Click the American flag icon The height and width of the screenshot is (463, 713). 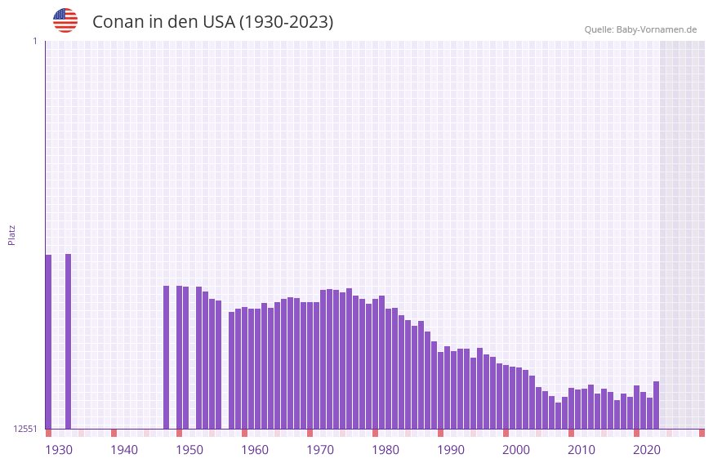pyautogui.click(x=65, y=20)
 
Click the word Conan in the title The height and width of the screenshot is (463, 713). pyautogui.click(x=118, y=22)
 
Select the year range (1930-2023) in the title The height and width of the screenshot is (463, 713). pyautogui.click(x=286, y=22)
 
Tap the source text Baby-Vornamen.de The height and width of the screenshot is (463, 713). pyautogui.click(x=656, y=29)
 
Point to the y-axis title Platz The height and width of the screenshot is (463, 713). pyautogui.click(x=11, y=234)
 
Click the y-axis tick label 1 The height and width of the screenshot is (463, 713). pyautogui.click(x=34, y=41)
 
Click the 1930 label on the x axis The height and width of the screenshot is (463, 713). pyautogui.click(x=59, y=449)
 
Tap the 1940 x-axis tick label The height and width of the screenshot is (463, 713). pyautogui.click(x=124, y=449)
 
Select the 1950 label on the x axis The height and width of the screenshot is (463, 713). pyautogui.click(x=189, y=449)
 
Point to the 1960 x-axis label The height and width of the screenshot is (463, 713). pyautogui.click(x=255, y=449)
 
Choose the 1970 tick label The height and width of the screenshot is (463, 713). pyautogui.click(x=320, y=449)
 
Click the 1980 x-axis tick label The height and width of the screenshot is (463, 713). pyautogui.click(x=385, y=449)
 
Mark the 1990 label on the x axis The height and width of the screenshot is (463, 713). pyautogui.click(x=451, y=449)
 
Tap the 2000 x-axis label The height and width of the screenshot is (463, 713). pyautogui.click(x=516, y=449)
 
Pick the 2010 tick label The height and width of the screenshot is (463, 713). pyautogui.click(x=582, y=449)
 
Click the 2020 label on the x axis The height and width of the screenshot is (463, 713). pyautogui.click(x=647, y=449)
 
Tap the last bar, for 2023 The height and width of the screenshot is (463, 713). pyautogui.click(x=656, y=405)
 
